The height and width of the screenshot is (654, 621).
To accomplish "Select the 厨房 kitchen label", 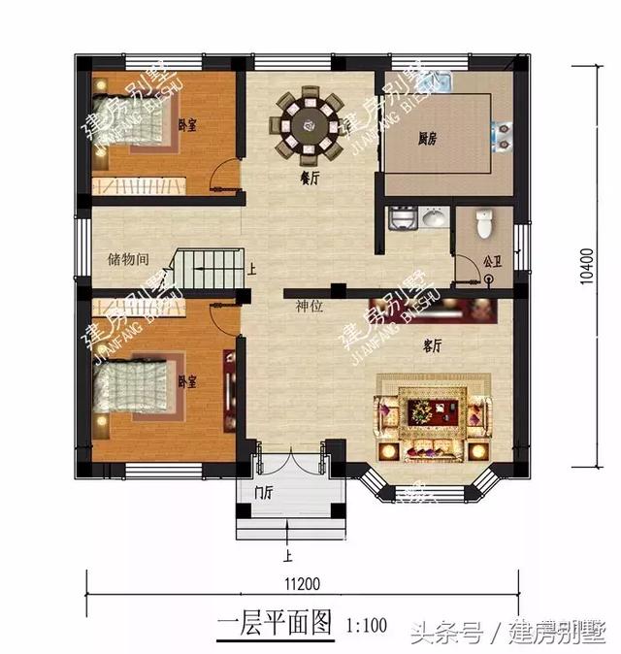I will coord(428,139).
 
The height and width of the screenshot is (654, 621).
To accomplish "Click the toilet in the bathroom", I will coord(487,226).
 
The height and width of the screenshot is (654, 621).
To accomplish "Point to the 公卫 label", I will coord(493,262).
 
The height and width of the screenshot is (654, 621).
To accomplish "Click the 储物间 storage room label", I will coord(128,260).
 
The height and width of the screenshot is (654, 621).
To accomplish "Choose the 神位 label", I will coord(310,306).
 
